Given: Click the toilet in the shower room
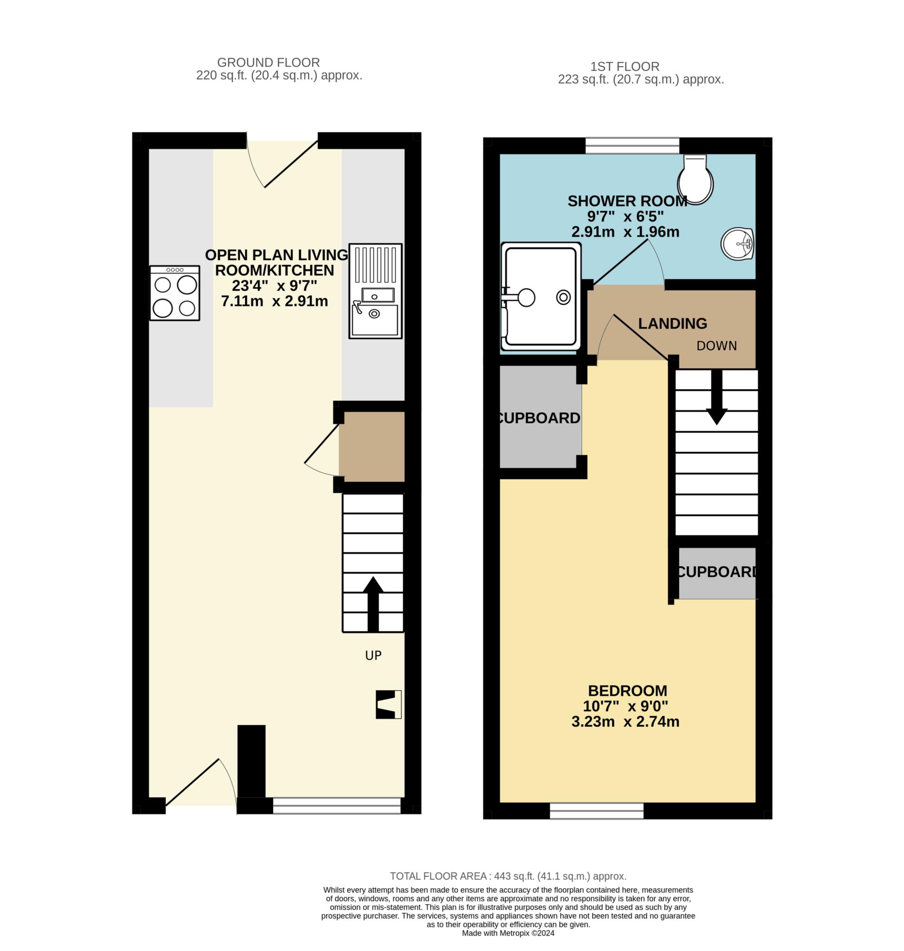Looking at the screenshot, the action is pos(695,179).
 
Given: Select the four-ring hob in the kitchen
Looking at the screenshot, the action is pos(175,293).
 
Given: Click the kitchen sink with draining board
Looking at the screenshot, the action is pos(375,291).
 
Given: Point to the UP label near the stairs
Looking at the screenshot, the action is pos(373,655).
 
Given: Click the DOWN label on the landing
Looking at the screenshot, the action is pos(716,345).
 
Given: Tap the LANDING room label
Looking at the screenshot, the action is pos(673,324).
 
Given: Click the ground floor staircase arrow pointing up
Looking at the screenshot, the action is pos(373,605).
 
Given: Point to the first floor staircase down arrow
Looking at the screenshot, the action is pos(716,397).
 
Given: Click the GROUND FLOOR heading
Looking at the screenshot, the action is pos(268,63).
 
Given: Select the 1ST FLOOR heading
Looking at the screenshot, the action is pos(625,66).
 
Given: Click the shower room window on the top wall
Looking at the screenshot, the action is pos(632,145).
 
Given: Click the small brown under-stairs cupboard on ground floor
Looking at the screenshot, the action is pos(371,446).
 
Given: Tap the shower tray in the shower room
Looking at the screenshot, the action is pos(540,296).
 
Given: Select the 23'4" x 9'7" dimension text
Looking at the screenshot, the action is pos(274,286).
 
